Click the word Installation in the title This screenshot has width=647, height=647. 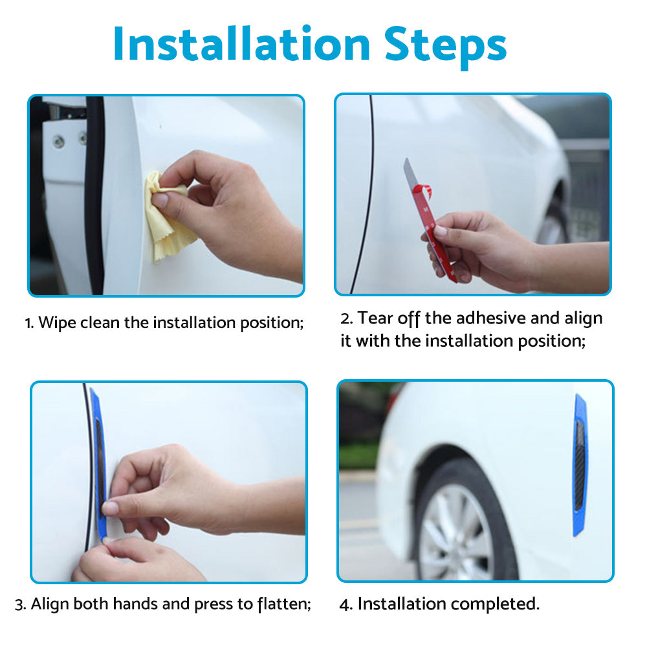tap(241, 44)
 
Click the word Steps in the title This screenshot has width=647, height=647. tap(445, 46)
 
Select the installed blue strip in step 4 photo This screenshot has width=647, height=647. tap(580, 465)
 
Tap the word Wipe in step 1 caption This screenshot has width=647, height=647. tap(58, 323)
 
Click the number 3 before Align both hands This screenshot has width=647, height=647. tap(20, 605)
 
